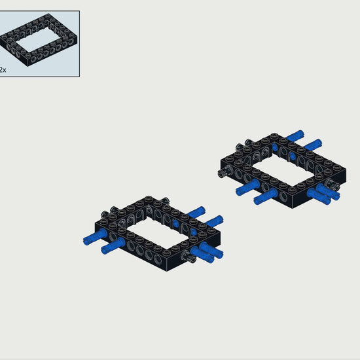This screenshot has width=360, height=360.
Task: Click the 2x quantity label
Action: point(3,69)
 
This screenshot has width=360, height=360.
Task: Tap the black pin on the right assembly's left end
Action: point(224,171)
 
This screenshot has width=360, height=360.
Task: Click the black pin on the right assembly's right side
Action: point(333,185)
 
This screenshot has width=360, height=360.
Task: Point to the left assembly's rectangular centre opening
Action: point(157,232)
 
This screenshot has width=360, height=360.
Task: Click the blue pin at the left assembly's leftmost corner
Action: point(95,237)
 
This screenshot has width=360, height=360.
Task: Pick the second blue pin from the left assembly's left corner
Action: point(113,246)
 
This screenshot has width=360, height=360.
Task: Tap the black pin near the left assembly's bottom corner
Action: point(189,256)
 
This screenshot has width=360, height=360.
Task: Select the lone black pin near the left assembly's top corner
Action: point(164,200)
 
